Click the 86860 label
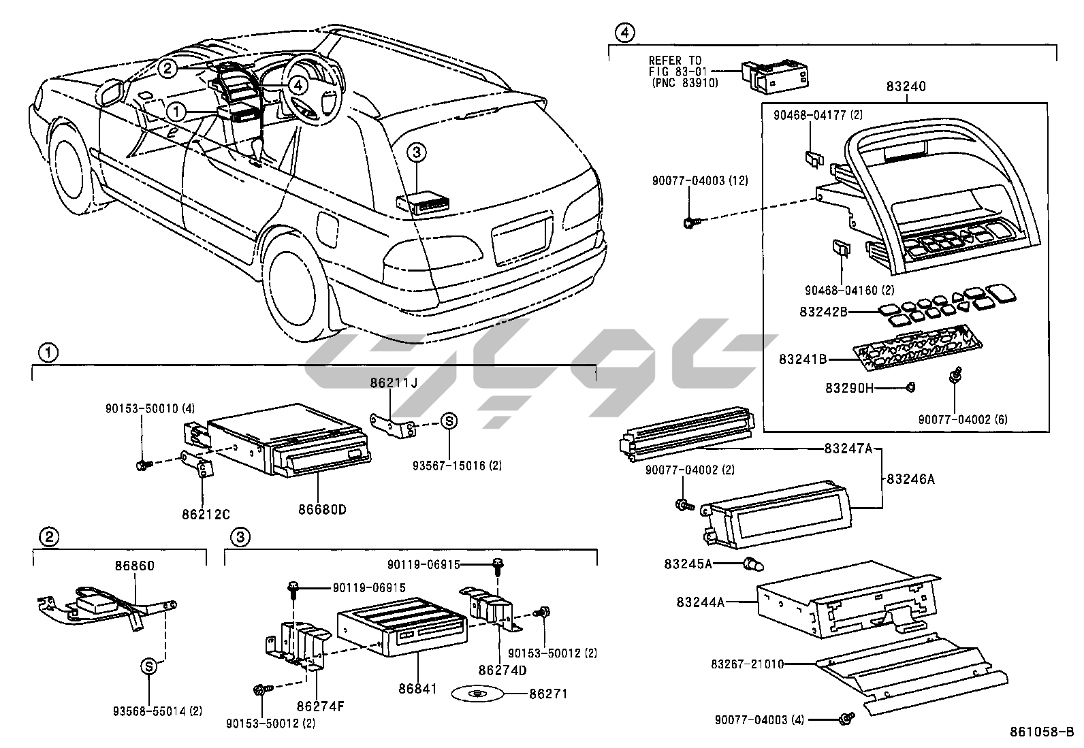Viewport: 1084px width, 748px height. tap(134, 565)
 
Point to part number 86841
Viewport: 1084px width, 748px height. tap(417, 689)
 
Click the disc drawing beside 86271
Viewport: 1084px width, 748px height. tap(477, 695)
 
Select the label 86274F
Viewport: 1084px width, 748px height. tap(320, 706)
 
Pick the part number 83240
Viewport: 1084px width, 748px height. tap(906, 86)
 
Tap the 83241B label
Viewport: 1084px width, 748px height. tap(803, 358)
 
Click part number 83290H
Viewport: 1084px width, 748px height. tap(849, 389)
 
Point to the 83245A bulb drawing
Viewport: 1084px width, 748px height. tap(752, 564)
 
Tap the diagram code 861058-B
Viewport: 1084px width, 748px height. tap(1041, 732)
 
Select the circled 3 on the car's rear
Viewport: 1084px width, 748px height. tap(417, 153)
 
